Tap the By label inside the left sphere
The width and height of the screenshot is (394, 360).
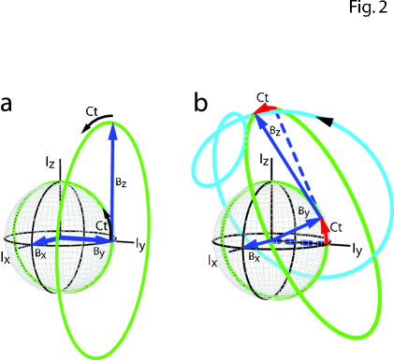[98, 252]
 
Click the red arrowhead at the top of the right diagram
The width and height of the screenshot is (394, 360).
[261, 108]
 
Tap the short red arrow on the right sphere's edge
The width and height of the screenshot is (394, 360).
[325, 230]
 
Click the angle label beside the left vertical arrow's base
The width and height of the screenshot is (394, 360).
[101, 226]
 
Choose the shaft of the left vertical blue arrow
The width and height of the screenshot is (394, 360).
[112, 187]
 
